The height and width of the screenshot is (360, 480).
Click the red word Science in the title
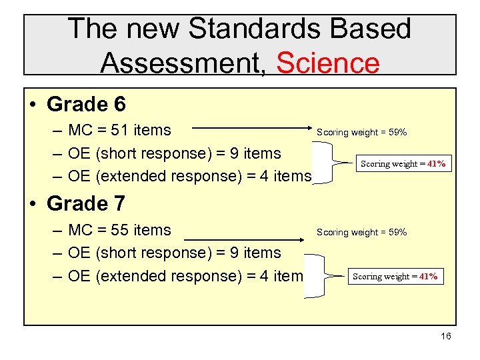pyautogui.click(x=327, y=63)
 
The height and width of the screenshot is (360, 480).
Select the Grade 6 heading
pyautogui.click(x=86, y=105)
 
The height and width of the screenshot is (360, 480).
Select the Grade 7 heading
pyautogui.click(x=86, y=203)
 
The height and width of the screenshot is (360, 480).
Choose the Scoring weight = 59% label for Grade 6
pyautogui.click(x=361, y=133)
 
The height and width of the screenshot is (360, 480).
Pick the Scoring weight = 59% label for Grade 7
pyautogui.click(x=361, y=233)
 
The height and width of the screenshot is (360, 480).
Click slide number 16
pyautogui.click(x=445, y=336)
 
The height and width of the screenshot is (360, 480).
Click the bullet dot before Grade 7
pyautogui.click(x=33, y=203)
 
